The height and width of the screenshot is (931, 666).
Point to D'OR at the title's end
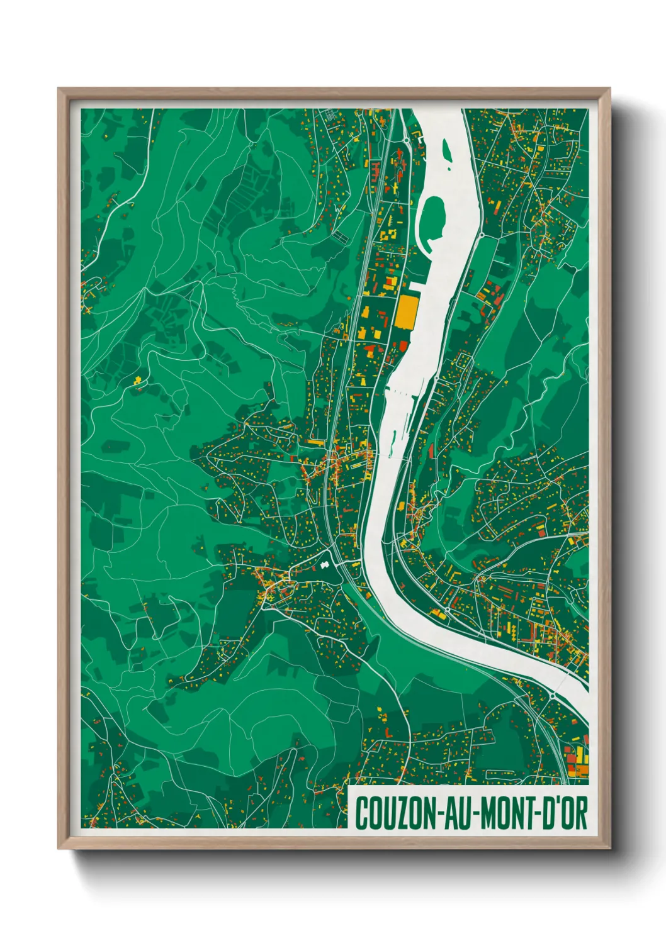click(563, 813)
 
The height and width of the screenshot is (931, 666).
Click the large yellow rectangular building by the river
click(407, 312)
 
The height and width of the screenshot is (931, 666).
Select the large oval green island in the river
click(432, 217)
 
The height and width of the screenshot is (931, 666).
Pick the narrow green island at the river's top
click(447, 152)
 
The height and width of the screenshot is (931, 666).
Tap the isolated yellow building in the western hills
click(137, 380)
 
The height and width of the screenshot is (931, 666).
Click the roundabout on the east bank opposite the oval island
click(482, 235)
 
